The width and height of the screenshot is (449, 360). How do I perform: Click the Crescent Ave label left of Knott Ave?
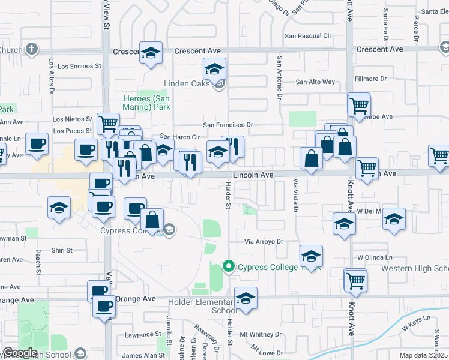coord(197,51)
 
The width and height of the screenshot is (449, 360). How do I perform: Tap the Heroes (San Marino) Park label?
coord(147,103)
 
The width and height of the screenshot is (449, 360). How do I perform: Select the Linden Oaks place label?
coord(187,83)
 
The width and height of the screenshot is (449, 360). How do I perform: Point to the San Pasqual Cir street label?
coord(308,36)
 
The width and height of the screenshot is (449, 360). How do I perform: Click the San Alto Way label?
coord(315,82)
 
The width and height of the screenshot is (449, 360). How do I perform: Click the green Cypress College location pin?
coord(229,266)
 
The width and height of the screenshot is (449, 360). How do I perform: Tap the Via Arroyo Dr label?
coord(263,242)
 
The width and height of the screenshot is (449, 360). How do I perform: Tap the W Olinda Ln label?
coord(375,257)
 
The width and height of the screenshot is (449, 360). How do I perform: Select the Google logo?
coord(20,353)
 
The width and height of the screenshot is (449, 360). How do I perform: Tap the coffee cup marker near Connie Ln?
coord(37,143)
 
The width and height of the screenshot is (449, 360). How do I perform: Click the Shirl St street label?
coord(62,250)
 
